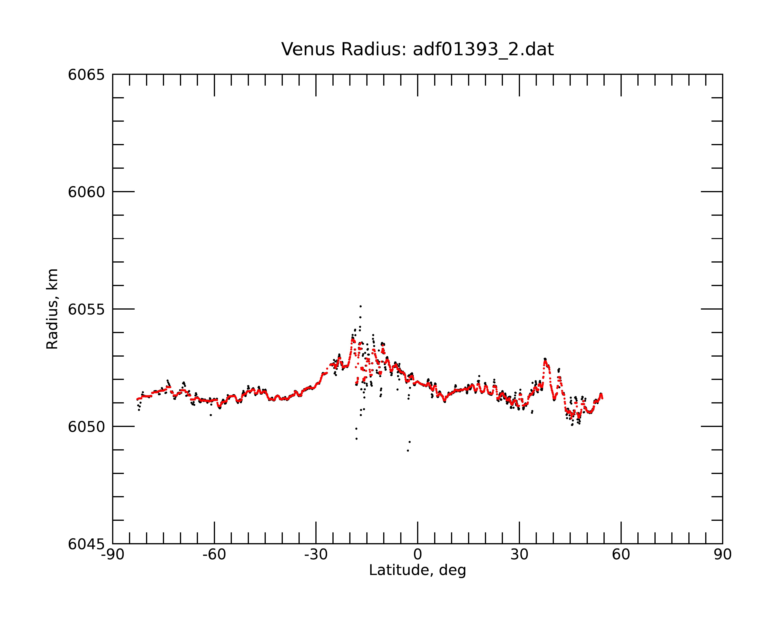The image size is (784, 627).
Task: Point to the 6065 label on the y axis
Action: [86, 75]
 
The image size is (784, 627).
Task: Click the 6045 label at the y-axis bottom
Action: [86, 544]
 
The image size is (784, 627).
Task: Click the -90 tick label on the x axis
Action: [113, 555]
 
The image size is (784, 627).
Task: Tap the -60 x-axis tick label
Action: [214, 555]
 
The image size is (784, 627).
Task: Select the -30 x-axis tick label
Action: [316, 555]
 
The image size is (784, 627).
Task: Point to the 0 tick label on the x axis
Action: [417, 555]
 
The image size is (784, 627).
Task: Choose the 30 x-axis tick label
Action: [519, 555]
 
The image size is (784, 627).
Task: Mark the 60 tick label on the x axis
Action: [621, 555]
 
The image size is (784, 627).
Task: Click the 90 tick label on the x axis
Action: [722, 555]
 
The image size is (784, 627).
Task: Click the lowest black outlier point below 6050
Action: [408, 451]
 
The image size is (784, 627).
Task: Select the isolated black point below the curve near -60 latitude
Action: [211, 415]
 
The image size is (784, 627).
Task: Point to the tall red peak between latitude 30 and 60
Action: [545, 360]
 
